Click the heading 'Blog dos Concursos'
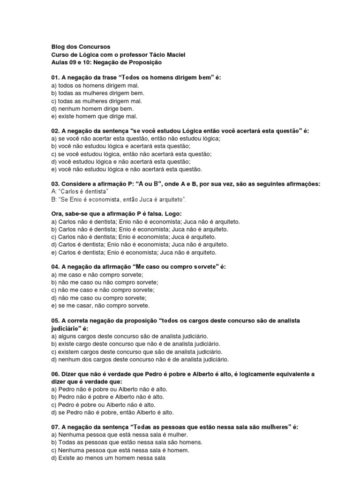click(x=80, y=47)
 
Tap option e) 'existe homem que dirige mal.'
click(x=94, y=116)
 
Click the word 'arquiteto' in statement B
click(x=172, y=200)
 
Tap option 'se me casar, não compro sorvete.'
click(x=100, y=306)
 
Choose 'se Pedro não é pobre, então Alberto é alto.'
click(x=112, y=412)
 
